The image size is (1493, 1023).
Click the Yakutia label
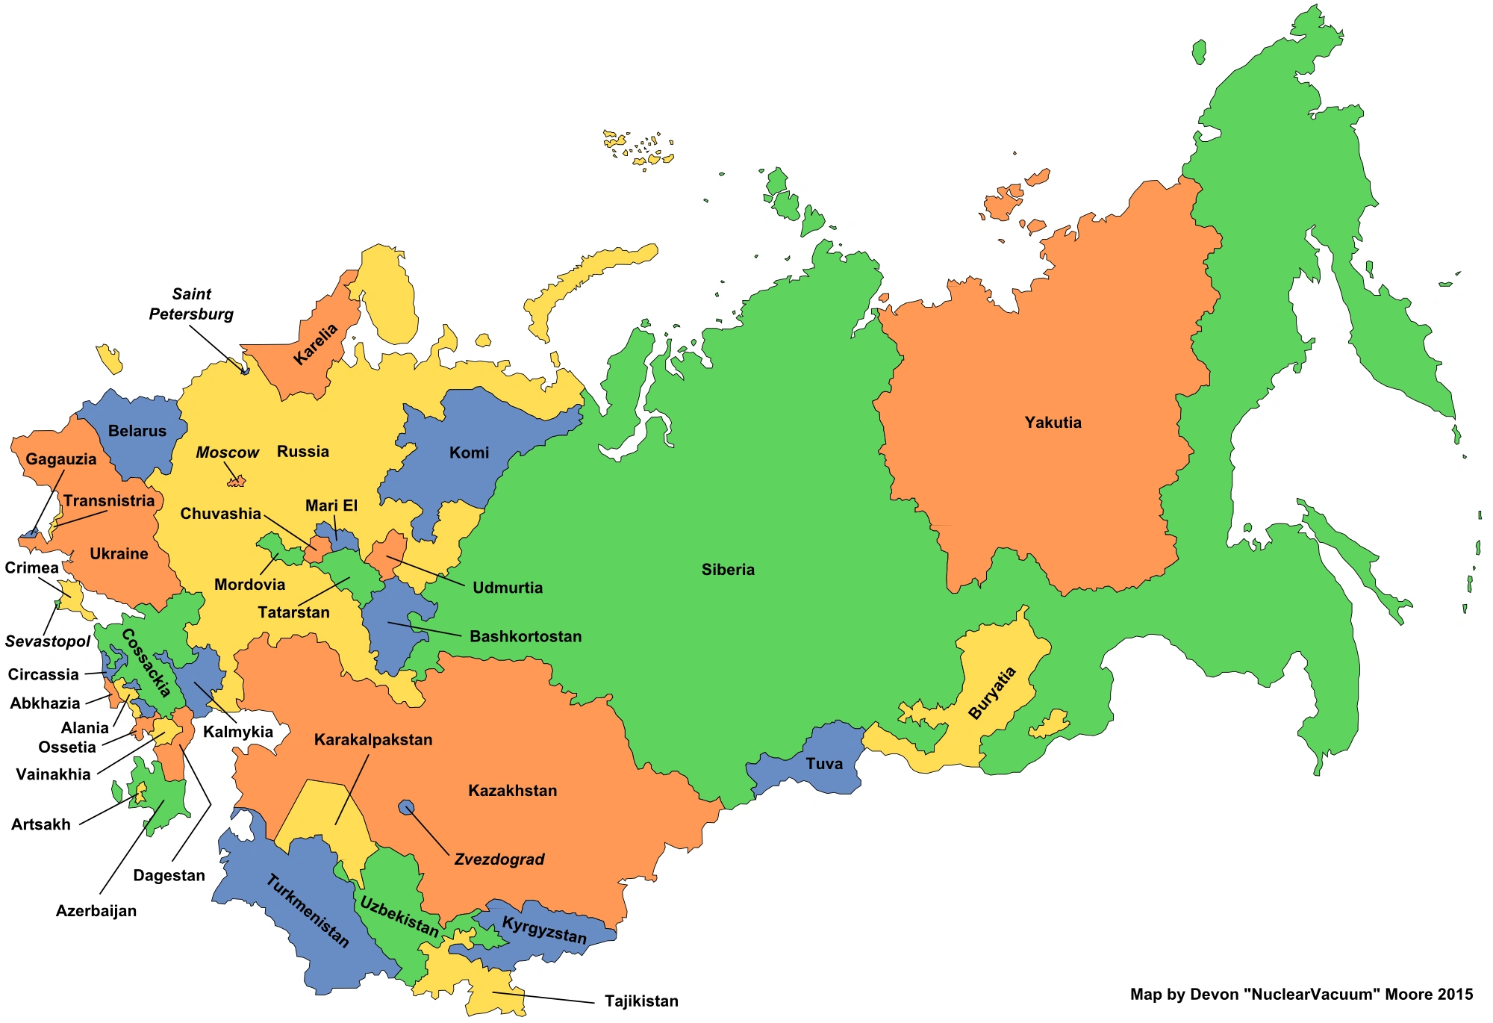click(1053, 423)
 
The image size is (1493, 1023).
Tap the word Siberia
click(728, 570)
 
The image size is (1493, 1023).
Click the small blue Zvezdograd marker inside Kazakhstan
click(406, 807)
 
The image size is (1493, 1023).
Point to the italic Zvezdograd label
click(499, 859)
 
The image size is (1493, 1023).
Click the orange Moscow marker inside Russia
click(237, 482)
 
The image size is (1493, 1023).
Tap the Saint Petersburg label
click(191, 305)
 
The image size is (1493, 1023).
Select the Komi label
click(469, 453)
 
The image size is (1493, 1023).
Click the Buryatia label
click(993, 694)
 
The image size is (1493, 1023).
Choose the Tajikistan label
click(641, 1001)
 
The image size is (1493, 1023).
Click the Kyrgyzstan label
click(544, 930)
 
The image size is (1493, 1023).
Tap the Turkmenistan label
click(308, 911)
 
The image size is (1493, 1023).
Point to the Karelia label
click(316, 344)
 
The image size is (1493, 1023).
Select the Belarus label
click(137, 431)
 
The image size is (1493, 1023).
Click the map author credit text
click(1301, 995)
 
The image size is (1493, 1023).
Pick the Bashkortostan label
click(526, 637)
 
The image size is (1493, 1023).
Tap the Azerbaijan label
click(96, 911)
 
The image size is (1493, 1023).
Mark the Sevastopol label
click(47, 641)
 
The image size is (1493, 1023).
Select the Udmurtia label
click(508, 588)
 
